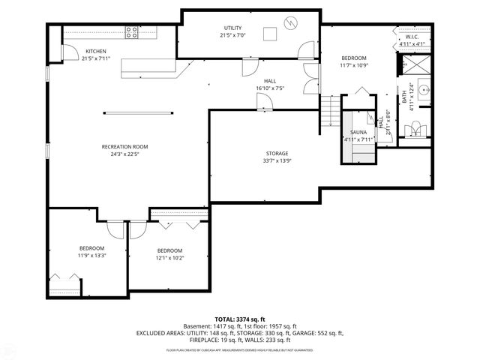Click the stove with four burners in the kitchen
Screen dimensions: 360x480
click(x=132, y=32)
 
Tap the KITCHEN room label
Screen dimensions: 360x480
click(x=74, y=51)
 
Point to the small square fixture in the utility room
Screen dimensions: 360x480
click(x=270, y=32)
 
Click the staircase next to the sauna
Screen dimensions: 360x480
click(x=329, y=113)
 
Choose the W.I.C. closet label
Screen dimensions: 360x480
click(x=412, y=36)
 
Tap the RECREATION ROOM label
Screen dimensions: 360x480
click(x=125, y=146)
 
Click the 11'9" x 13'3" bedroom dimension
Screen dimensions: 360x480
click(x=92, y=255)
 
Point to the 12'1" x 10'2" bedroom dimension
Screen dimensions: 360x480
click(x=169, y=258)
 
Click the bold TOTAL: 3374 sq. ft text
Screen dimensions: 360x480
click(x=240, y=319)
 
